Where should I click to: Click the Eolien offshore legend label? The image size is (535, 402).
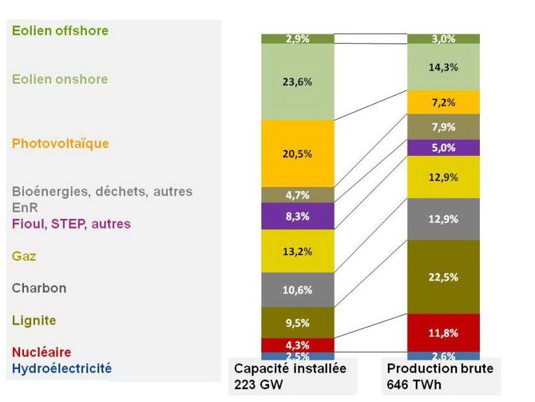(60, 31)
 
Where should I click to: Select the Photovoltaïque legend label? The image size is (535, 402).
(60, 144)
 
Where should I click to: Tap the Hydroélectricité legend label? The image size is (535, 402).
(62, 368)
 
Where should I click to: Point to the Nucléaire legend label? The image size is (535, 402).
(42, 352)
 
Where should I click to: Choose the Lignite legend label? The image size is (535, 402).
(34, 320)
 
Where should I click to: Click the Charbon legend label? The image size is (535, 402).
(39, 288)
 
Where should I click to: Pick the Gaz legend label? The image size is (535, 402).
(24, 256)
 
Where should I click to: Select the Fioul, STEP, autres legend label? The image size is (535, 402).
(71, 223)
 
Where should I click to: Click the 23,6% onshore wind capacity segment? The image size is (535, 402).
(298, 82)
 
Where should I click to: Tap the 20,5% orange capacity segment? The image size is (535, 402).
(298, 154)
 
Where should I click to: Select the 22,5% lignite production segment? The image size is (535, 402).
(444, 277)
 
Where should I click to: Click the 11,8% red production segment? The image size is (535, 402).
(444, 333)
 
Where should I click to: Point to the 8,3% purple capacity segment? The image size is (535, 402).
(298, 216)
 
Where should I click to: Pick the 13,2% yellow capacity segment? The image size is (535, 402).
(298, 251)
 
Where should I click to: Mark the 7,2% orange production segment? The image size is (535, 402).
(444, 103)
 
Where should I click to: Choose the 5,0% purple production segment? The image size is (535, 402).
(444, 147)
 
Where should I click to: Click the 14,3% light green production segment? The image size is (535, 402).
(444, 67)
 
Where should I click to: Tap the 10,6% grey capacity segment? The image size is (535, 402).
(298, 290)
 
